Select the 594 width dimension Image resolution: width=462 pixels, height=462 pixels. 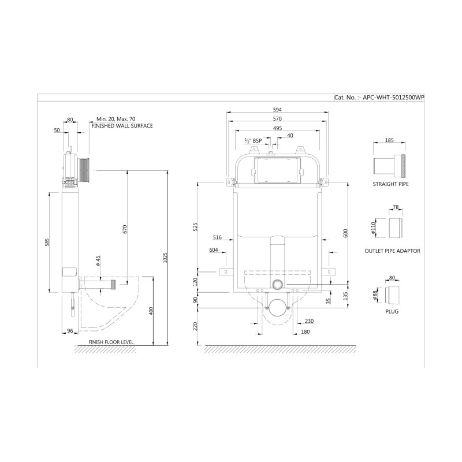coord(277,110)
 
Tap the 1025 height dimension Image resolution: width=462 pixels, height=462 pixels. coord(165,258)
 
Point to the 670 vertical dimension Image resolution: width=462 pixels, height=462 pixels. coord(124,229)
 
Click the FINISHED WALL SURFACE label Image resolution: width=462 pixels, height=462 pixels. coord(122,126)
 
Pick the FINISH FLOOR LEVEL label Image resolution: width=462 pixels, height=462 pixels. coord(111,342)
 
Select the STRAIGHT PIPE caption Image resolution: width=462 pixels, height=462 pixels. coord(391,184)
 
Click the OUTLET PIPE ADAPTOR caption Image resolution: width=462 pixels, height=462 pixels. coord(393,251)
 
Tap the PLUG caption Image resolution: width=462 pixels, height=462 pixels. coord(392,311)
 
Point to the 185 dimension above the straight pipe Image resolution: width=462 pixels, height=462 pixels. coord(389,140)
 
